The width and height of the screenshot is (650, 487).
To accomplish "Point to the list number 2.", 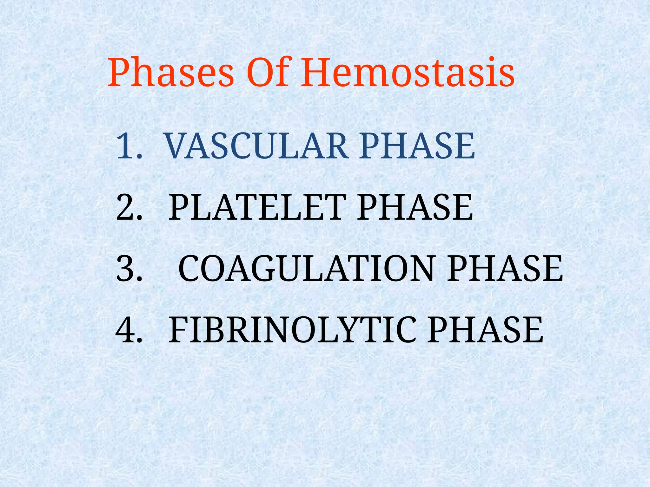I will (129, 207).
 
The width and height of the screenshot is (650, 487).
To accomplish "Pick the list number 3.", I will (129, 269).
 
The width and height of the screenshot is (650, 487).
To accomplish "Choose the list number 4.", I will (129, 330).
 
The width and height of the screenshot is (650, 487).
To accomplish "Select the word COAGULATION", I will (306, 269).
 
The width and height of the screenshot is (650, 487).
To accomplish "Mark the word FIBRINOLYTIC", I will (292, 330).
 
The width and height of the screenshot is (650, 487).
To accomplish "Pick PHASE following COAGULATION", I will (505, 269).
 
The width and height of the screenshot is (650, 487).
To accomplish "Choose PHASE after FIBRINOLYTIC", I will (485, 330).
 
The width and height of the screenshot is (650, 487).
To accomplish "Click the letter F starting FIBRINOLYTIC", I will (178, 330).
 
